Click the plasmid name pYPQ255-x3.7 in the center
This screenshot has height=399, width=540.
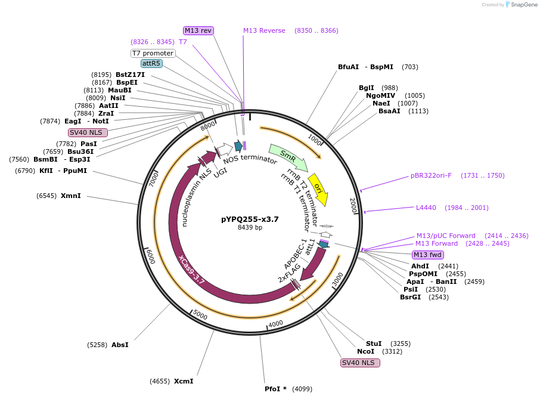click(x=250, y=219)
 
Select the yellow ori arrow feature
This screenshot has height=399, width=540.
click(x=318, y=189)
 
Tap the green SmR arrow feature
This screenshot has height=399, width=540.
click(x=288, y=157)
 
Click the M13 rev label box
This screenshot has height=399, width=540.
click(x=198, y=30)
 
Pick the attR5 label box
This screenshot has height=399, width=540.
click(x=151, y=63)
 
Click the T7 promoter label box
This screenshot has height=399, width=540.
click(x=153, y=53)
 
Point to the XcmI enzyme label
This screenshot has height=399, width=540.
click(x=184, y=381)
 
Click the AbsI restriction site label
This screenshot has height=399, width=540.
click(x=120, y=345)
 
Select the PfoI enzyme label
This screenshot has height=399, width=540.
click(x=275, y=389)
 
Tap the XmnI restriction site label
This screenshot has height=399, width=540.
click(x=70, y=196)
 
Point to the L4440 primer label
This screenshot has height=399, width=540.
click(x=426, y=208)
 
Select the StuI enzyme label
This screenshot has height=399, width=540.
click(x=374, y=344)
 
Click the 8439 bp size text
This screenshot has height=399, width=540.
click(x=250, y=227)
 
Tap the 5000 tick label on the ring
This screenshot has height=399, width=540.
click(x=200, y=315)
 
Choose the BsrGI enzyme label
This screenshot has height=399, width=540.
click(x=411, y=297)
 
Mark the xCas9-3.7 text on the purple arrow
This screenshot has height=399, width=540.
click(x=192, y=270)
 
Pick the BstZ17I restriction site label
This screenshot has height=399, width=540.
click(x=130, y=75)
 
